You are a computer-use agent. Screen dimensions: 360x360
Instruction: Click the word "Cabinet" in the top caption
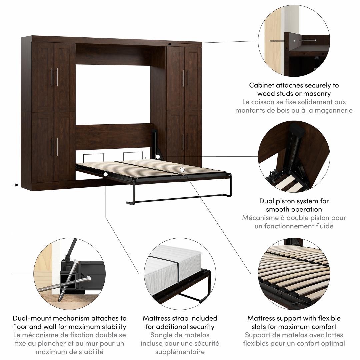coord(261,85)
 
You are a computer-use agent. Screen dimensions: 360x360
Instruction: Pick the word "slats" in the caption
coord(260,326)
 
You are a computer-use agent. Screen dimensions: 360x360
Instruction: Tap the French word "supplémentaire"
coord(180,352)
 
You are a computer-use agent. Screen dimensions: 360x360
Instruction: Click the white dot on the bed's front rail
coord(106,174)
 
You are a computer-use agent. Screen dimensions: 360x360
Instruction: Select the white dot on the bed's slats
coord(182,170)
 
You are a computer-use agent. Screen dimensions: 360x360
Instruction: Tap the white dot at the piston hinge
coord(157,157)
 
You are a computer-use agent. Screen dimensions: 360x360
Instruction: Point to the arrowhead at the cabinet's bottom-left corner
coord(17,185)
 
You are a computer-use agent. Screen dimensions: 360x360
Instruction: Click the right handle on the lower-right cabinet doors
coord(188,141)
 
